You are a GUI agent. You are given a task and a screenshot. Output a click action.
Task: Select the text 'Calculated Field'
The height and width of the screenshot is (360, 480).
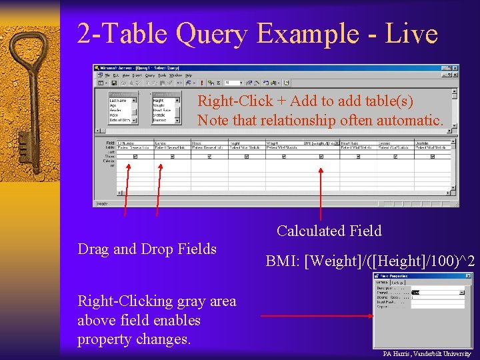pos(329,231)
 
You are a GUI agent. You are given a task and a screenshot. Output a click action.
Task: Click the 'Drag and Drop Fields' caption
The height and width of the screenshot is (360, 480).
pos(147,249)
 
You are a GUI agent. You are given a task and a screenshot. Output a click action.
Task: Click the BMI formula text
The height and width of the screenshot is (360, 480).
pos(370,261)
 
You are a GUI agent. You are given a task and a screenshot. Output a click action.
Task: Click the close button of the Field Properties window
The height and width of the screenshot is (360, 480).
pos(467,276)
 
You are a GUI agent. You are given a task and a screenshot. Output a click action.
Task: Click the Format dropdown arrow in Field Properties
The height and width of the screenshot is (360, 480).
pos(462,293)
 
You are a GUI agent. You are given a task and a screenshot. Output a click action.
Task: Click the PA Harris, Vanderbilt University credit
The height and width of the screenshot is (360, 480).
pos(427,353)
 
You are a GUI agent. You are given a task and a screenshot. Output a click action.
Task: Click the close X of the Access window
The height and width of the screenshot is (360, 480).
pos(455,68)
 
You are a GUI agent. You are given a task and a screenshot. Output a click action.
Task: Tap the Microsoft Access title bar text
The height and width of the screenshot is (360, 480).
pos(133,68)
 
